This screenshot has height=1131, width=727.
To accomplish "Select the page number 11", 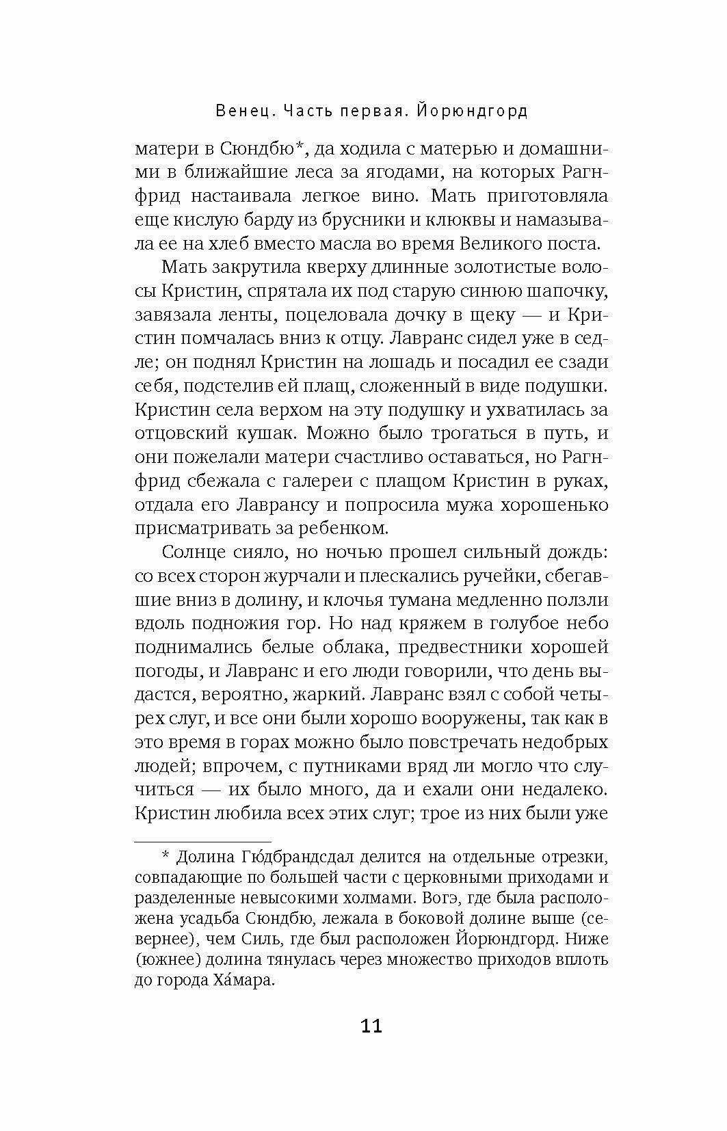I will click(x=363, y=1026).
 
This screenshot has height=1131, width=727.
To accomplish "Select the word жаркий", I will click(x=323, y=695).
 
